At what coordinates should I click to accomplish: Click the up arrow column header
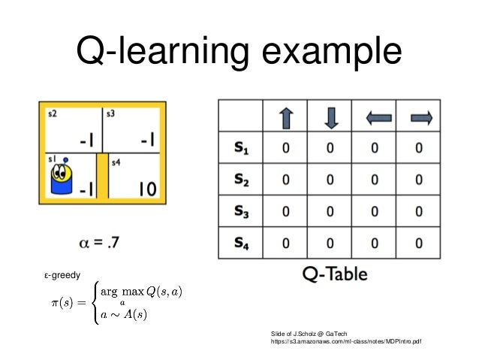coord(286,118)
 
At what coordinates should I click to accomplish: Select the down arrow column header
coord(331,118)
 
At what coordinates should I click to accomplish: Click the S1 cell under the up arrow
coord(286,149)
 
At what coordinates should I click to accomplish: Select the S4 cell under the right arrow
coord(419,244)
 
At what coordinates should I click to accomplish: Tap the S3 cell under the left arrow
coord(375,212)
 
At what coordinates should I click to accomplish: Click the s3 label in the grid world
coord(110,113)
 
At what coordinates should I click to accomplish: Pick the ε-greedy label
coord(62,275)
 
